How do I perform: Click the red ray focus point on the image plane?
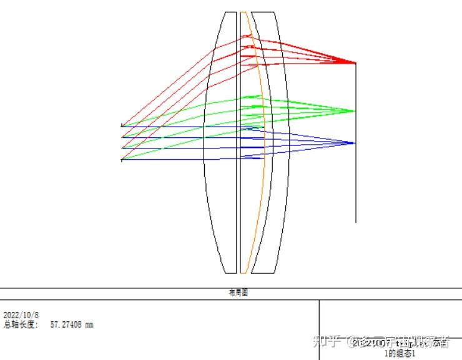click(355, 63)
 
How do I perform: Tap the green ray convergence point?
click(354, 111)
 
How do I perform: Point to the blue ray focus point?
click(354, 143)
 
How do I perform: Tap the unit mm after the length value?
click(89, 324)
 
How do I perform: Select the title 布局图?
click(238, 293)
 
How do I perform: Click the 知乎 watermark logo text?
click(329, 341)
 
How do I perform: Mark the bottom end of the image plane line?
click(356, 222)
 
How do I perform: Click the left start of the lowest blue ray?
click(122, 159)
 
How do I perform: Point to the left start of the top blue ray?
click(122, 126)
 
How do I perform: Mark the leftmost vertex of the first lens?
click(204, 142)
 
